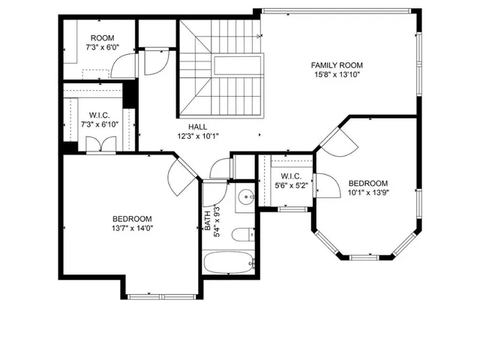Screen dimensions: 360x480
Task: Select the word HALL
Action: [x=198, y=127]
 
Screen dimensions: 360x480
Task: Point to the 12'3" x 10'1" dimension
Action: [x=198, y=136]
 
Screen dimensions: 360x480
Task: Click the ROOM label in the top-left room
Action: [x=102, y=38]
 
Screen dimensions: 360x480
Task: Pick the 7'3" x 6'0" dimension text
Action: [x=102, y=48]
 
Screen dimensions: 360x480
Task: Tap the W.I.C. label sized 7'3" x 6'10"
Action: [x=100, y=115]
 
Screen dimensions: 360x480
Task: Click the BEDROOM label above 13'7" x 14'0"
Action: [x=132, y=217]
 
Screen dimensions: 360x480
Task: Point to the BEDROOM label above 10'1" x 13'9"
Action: [x=368, y=183]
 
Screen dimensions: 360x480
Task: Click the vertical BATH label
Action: [x=208, y=223]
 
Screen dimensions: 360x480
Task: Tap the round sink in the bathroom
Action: [x=245, y=198]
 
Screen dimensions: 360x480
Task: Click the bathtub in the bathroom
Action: [x=229, y=263]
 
